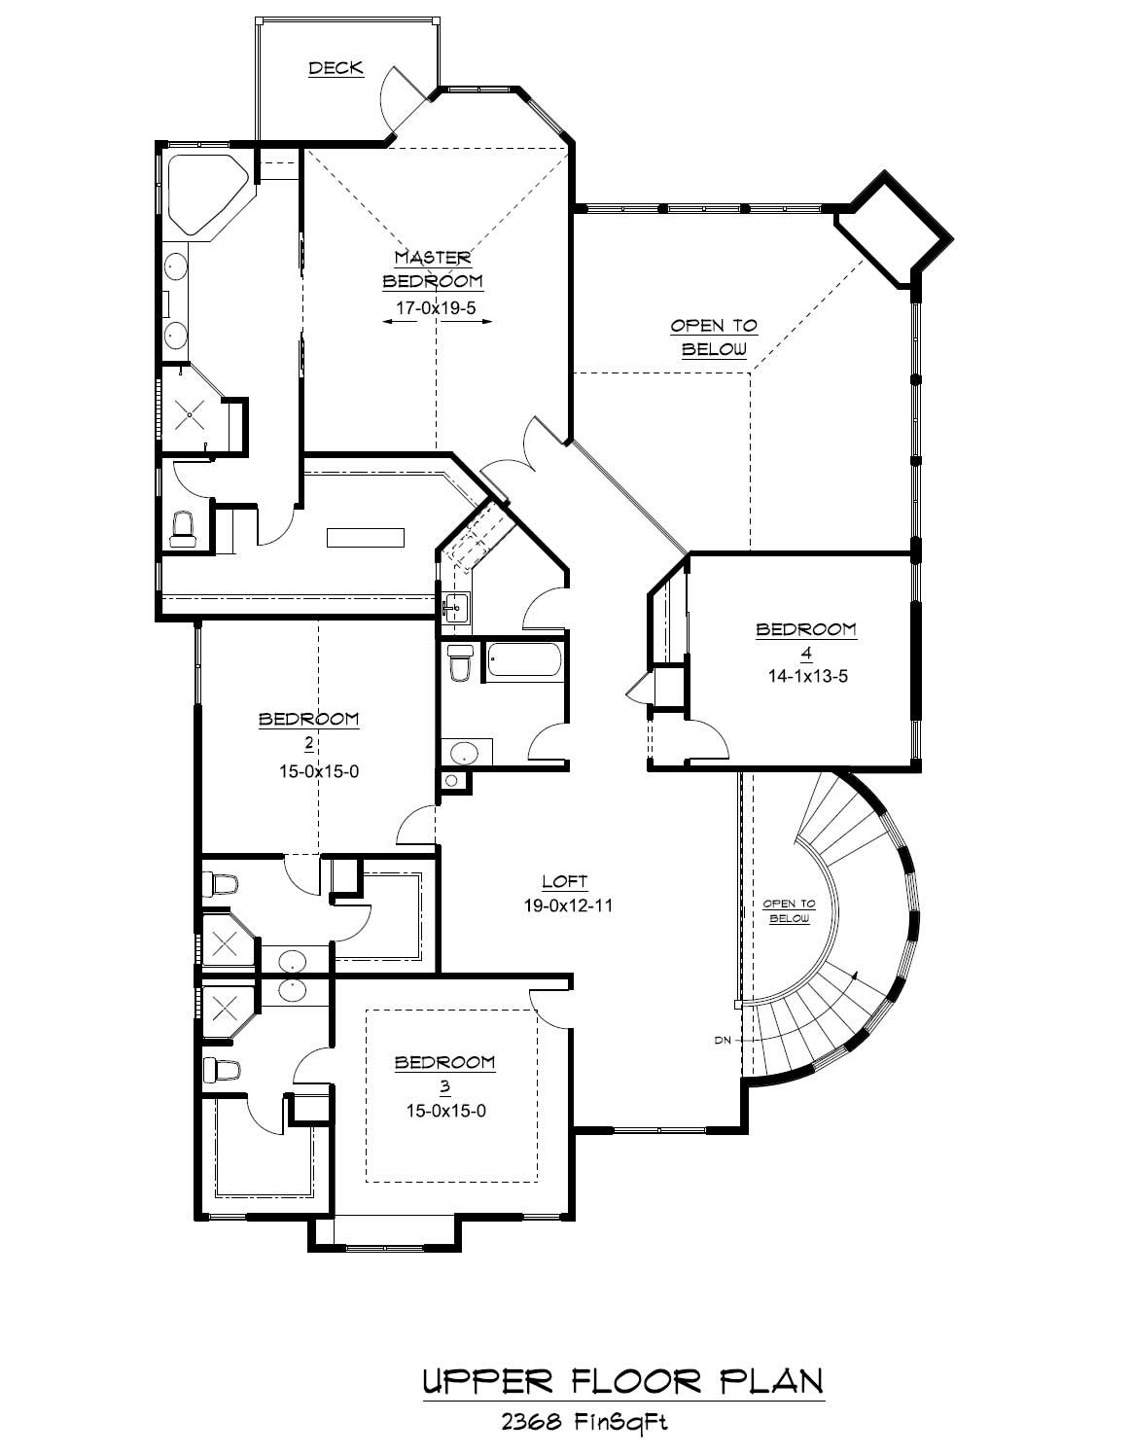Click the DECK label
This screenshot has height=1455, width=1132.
pyautogui.click(x=336, y=68)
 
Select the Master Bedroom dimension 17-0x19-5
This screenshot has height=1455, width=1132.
pyautogui.click(x=437, y=307)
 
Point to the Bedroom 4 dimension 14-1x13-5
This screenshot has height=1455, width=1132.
pyautogui.click(x=806, y=676)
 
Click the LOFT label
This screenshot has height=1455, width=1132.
pyautogui.click(x=565, y=882)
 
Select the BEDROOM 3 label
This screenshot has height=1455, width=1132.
pyautogui.click(x=444, y=1063)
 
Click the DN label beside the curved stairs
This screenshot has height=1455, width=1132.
pyautogui.click(x=722, y=1040)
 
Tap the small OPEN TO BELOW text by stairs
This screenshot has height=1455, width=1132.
pyautogui.click(x=789, y=911)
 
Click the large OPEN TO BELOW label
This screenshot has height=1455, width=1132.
pyautogui.click(x=714, y=337)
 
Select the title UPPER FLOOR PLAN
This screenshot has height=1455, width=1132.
pyautogui.click(x=623, y=1382)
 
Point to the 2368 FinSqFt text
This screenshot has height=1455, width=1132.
pyautogui.click(x=584, y=1422)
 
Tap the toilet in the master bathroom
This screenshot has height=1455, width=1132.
pyautogui.click(x=183, y=528)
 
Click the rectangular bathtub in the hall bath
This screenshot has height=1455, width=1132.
pyautogui.click(x=523, y=660)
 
